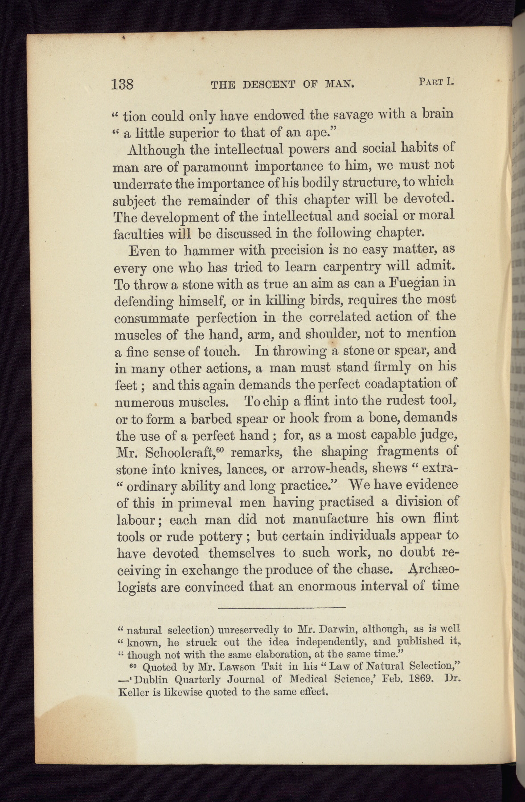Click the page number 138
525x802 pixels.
pyautogui.click(x=123, y=84)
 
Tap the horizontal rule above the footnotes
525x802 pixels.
pyautogui.click(x=282, y=607)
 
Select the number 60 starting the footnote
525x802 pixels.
pyautogui.click(x=132, y=666)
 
